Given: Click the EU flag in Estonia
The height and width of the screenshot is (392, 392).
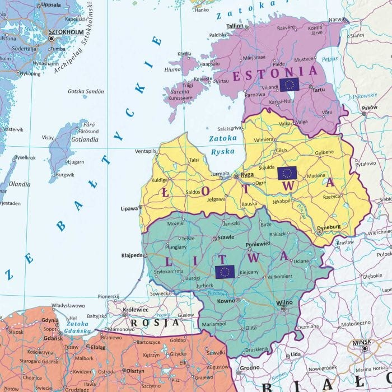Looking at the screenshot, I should coord(290,85).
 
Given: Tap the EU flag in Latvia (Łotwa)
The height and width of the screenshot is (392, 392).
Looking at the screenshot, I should coord(287,173).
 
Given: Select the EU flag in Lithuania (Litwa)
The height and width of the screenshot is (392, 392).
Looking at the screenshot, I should coord(225,272).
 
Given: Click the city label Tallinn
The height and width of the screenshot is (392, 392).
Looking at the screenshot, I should coord(235,26).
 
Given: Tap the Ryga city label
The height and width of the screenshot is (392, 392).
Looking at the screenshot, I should coord(247,175).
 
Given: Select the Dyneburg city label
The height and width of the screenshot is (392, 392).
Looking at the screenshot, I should coord(329,227).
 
